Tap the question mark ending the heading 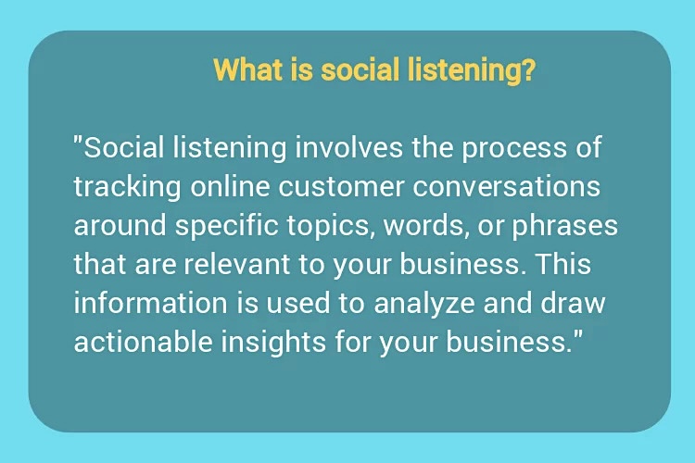(x=527, y=70)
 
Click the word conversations (x=507, y=187)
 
